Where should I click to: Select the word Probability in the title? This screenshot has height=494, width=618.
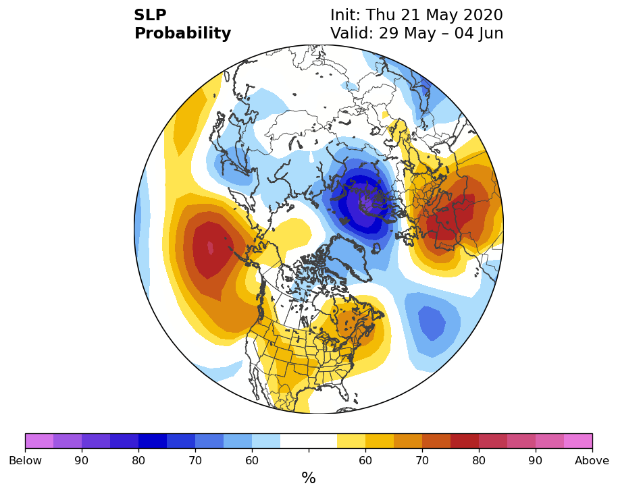pyautogui.click(x=182, y=34)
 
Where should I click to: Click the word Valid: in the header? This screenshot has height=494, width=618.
pyautogui.click(x=352, y=33)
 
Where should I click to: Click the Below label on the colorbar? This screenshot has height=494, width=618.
pyautogui.click(x=25, y=460)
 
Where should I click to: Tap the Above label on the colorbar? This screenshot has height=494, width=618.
pyautogui.click(x=592, y=460)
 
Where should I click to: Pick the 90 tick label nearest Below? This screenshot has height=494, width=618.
pyautogui.click(x=82, y=460)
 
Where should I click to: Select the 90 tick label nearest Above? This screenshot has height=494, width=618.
pyautogui.click(x=535, y=460)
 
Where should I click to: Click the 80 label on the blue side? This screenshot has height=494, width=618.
pyautogui.click(x=138, y=460)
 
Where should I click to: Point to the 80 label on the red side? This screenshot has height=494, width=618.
pyautogui.click(x=479, y=460)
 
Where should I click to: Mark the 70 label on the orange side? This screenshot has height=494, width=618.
pyautogui.click(x=422, y=460)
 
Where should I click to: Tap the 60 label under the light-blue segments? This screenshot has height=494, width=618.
pyautogui.click(x=252, y=460)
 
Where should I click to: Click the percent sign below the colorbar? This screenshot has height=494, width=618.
pyautogui.click(x=309, y=478)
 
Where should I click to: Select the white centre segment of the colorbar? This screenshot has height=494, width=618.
pyautogui.click(x=309, y=441)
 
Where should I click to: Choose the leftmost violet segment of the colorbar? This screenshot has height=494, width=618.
pyautogui.click(x=39, y=441)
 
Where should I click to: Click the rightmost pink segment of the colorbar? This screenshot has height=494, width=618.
pyautogui.click(x=578, y=441)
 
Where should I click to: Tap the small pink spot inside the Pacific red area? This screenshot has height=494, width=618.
pyautogui.click(x=211, y=248)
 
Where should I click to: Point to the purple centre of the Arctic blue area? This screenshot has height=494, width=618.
pyautogui.click(x=366, y=204)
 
